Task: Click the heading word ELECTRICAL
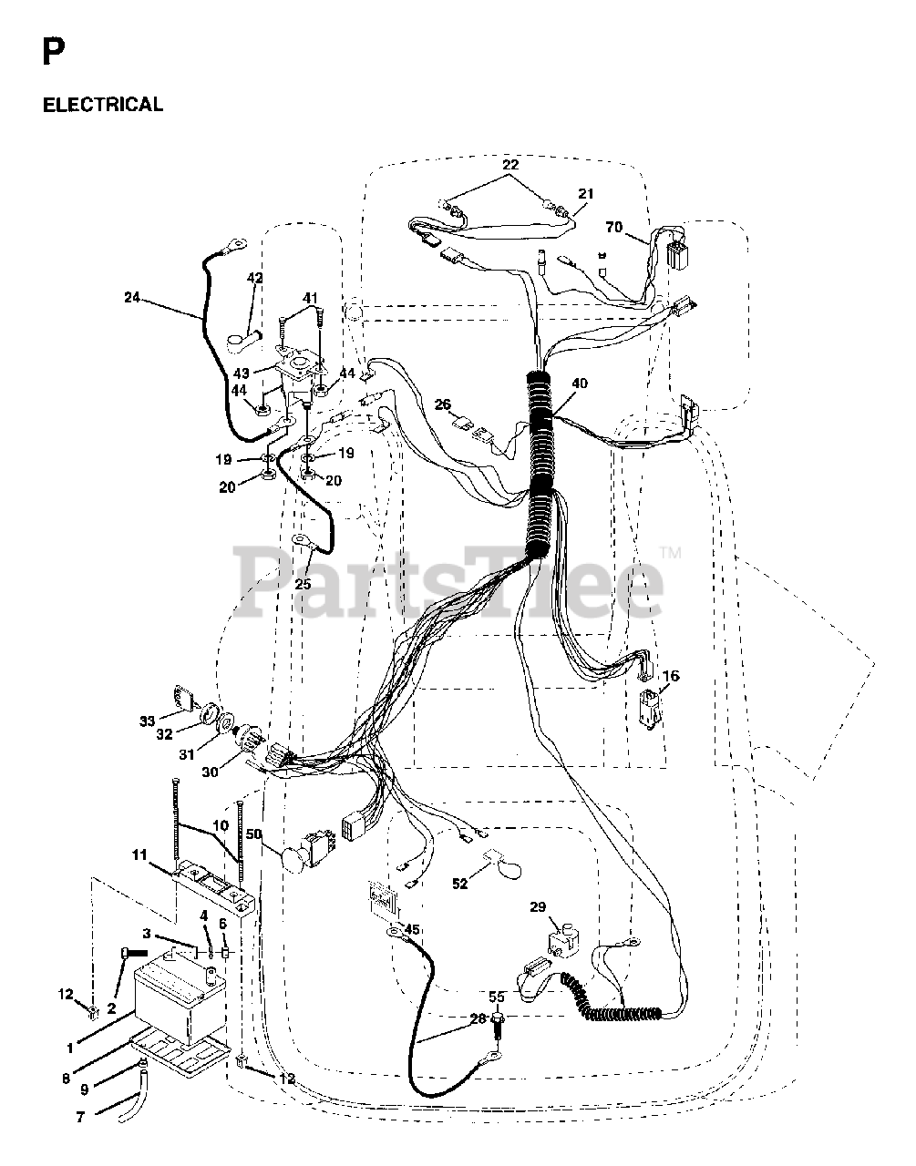(x=103, y=105)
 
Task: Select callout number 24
(x=134, y=297)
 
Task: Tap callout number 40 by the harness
(x=580, y=384)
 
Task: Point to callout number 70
(x=614, y=228)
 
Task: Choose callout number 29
(x=563, y=907)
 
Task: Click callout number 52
(x=459, y=883)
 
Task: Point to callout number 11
(x=139, y=854)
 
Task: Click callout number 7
(x=81, y=1117)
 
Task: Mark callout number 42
(x=255, y=278)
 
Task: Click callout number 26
(x=443, y=404)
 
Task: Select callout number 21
(x=585, y=194)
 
